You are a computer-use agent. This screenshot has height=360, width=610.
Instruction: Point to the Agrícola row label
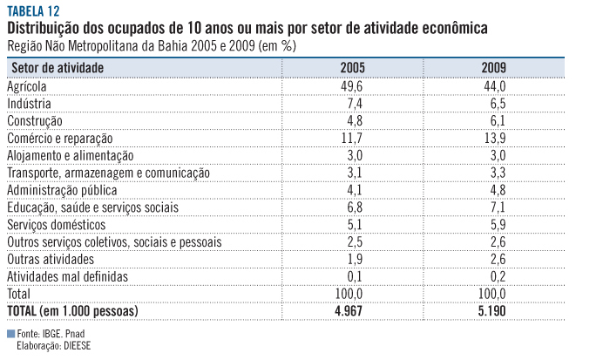pos(31,86)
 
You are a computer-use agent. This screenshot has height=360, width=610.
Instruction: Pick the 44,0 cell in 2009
pos(494,86)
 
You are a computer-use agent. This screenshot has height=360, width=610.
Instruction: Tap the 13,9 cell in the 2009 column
pos(494,139)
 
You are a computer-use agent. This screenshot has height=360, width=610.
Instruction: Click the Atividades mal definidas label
pos(67,276)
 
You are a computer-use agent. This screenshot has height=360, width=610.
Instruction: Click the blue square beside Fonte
pos(10,334)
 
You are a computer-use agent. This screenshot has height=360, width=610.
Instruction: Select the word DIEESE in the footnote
pos(74,345)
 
